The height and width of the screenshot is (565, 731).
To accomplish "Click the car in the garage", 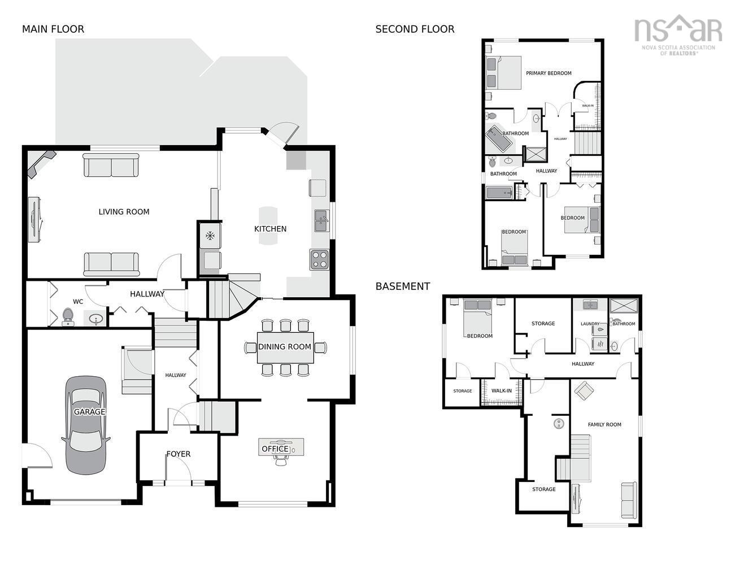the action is [86, 425].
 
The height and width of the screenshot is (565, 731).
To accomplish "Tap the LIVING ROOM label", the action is [124, 212].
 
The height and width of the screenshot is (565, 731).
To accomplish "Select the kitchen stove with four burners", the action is [319, 260].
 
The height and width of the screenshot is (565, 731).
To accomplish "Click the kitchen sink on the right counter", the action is [321, 220].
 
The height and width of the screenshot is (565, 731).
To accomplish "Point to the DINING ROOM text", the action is [285, 347].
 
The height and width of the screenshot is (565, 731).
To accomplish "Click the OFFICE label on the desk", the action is [275, 449].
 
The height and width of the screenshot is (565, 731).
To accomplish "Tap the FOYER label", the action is [179, 454].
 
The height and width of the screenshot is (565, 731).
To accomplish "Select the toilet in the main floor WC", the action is [68, 316].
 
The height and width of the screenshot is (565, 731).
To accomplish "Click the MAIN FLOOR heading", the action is [53, 29].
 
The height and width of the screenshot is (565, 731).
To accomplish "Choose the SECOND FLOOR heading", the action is [415, 29].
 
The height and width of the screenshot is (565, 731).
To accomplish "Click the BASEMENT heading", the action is [403, 286].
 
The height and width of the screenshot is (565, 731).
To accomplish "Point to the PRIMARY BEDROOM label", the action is [549, 73].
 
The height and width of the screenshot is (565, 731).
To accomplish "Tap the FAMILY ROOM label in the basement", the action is [604, 424].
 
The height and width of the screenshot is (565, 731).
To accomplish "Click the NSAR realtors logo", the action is [678, 34].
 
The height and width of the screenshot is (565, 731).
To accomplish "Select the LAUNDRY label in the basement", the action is [590, 324].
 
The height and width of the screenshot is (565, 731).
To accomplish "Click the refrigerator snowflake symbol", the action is [210, 236].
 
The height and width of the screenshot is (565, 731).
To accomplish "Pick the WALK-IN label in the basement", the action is [502, 390].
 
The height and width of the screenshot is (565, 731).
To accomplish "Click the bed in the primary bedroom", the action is [503, 73].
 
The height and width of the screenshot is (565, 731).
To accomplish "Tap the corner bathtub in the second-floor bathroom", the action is [499, 138].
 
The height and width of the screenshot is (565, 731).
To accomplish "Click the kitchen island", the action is [268, 225].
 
